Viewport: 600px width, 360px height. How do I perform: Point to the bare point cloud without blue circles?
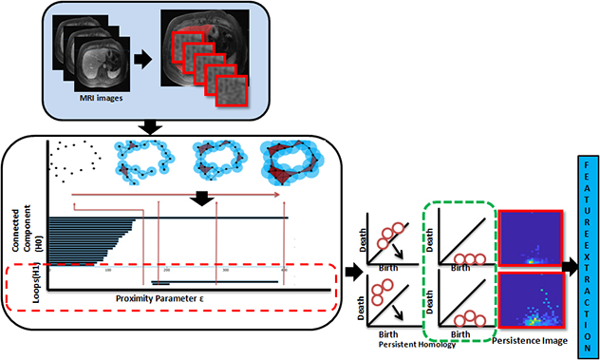click(x=74, y=158)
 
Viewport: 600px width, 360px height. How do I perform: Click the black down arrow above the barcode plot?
click(x=201, y=200)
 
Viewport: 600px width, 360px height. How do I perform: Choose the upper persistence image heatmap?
click(x=531, y=234)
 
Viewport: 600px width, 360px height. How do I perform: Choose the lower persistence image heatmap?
click(x=531, y=304)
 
